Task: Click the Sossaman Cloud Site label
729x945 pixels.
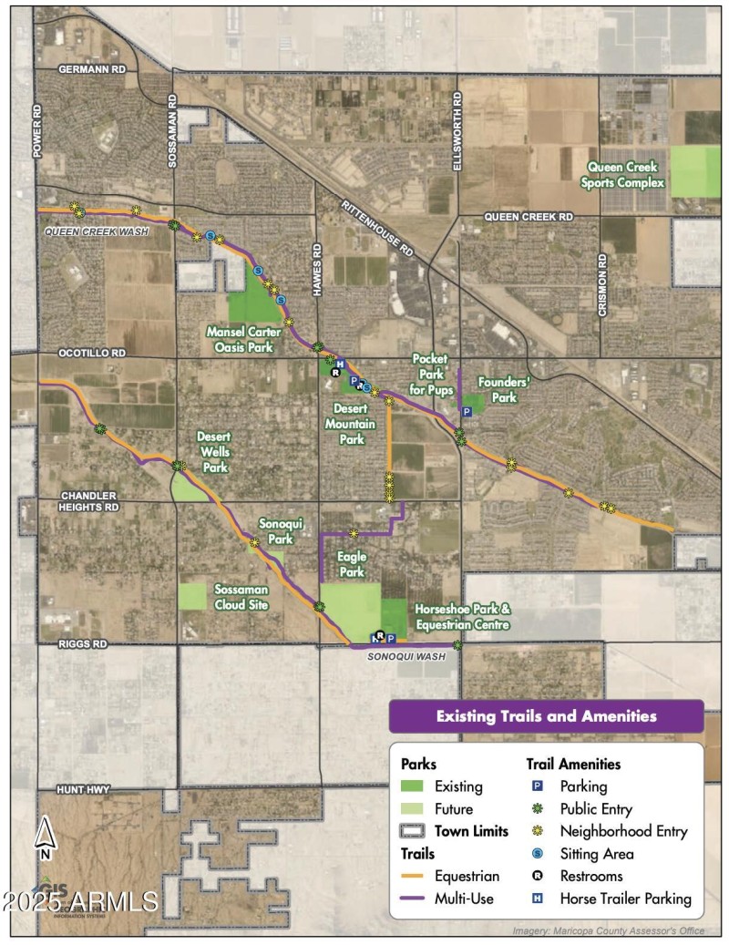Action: [x=242, y=596]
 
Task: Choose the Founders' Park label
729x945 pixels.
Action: [x=498, y=391]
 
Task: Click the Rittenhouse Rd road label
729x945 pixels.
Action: [x=377, y=228]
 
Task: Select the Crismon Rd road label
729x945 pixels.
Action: [x=602, y=285]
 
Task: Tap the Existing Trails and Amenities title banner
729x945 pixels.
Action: [x=546, y=716]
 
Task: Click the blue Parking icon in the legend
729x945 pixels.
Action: [x=538, y=786]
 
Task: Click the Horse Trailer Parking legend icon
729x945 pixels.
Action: [x=538, y=899]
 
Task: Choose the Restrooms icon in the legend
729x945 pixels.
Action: [x=538, y=877]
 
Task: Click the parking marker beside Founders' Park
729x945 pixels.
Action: [x=466, y=412]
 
